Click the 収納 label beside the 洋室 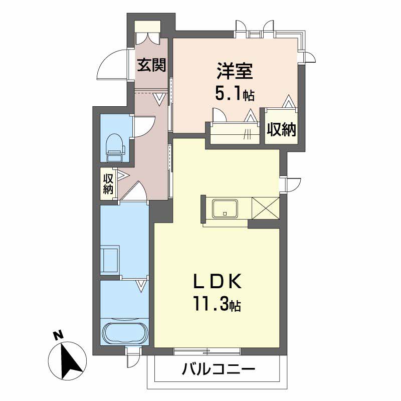coord(281,129)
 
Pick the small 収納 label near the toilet coord(108,183)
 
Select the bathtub coord(124,332)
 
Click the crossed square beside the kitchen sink coord(266,209)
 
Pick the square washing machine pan coord(109,260)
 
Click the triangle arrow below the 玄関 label coord(160,99)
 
